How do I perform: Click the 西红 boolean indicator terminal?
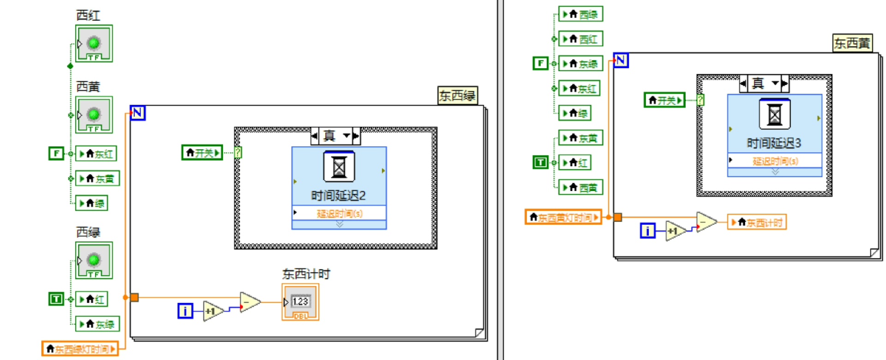click(x=94, y=44)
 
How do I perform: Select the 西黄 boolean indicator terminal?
click(x=94, y=115)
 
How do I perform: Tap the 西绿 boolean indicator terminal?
click(x=94, y=261)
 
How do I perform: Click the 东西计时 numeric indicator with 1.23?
click(x=300, y=302)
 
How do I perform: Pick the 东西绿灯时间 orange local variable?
click(x=80, y=349)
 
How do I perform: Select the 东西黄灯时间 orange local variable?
click(x=563, y=217)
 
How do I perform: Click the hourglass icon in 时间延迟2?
click(x=339, y=167)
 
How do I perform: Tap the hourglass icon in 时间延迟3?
click(x=775, y=114)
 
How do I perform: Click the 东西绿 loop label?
click(x=457, y=96)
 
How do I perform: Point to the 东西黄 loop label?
click(x=852, y=43)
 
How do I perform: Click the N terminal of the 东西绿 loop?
click(x=138, y=113)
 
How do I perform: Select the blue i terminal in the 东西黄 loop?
click(x=647, y=230)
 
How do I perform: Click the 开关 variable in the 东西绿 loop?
click(x=202, y=153)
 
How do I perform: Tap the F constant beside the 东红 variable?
click(x=56, y=153)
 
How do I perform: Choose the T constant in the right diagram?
click(x=540, y=162)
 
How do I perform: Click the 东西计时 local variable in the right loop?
click(x=756, y=222)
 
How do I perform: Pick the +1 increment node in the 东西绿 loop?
click(x=212, y=312)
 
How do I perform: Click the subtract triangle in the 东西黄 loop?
click(x=706, y=222)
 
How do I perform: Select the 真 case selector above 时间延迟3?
click(x=764, y=84)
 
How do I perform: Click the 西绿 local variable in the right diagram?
click(x=581, y=14)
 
